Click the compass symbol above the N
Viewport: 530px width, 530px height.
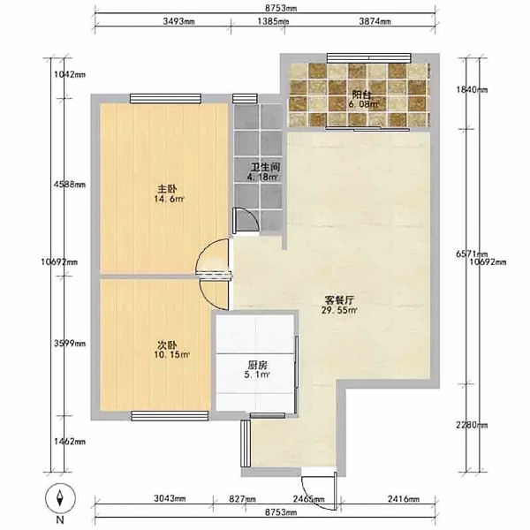pyautogui.click(x=60, y=497)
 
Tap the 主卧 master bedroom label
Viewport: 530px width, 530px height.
pyautogui.click(x=167, y=189)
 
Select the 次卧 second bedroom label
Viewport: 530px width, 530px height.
pyautogui.click(x=167, y=345)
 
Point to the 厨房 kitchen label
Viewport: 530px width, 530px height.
pyautogui.click(x=258, y=365)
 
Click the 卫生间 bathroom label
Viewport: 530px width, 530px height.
pyautogui.click(x=265, y=167)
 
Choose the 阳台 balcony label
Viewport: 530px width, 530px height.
pyautogui.click(x=361, y=95)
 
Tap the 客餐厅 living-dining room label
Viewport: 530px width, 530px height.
pyautogui.click(x=339, y=299)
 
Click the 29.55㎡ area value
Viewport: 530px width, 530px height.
pyautogui.click(x=339, y=310)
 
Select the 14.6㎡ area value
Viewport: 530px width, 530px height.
pyautogui.click(x=169, y=199)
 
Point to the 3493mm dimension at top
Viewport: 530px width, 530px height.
pyautogui.click(x=178, y=21)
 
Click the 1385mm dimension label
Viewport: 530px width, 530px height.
pyautogui.click(x=273, y=21)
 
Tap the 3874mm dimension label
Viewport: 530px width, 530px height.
pyautogui.click(x=375, y=21)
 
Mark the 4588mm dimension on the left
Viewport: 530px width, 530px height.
pyautogui.click(x=70, y=185)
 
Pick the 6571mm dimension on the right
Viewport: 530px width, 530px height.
pyautogui.click(x=472, y=254)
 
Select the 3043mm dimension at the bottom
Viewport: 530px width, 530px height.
pyautogui.click(x=170, y=498)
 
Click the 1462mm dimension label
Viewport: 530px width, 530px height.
pyautogui.click(x=70, y=441)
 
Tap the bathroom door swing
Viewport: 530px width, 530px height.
pyautogui.click(x=246, y=220)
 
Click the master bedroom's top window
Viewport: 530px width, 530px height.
pyautogui.click(x=166, y=98)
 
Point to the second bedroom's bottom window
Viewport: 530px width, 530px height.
pyautogui.click(x=170, y=416)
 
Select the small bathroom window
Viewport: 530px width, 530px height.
pyautogui.click(x=245, y=98)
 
